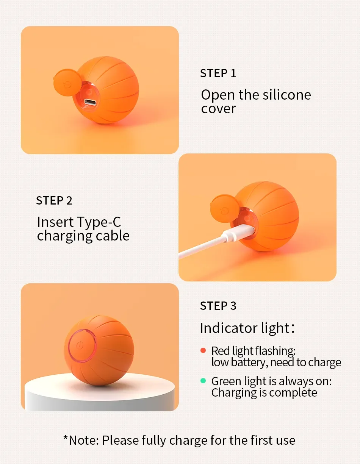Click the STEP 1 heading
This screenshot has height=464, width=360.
click(x=218, y=73)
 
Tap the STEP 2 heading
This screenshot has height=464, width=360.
click(x=54, y=201)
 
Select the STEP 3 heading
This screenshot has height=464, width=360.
click(x=218, y=306)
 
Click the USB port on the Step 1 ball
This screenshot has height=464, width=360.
click(x=90, y=102)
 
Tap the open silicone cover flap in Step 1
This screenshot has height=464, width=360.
click(x=67, y=83)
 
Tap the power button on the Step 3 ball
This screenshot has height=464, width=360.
click(x=82, y=346)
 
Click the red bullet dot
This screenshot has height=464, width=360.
click(x=203, y=350)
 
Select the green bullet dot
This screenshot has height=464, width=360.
click(x=203, y=381)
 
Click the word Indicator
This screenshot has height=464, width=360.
click(x=229, y=328)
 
